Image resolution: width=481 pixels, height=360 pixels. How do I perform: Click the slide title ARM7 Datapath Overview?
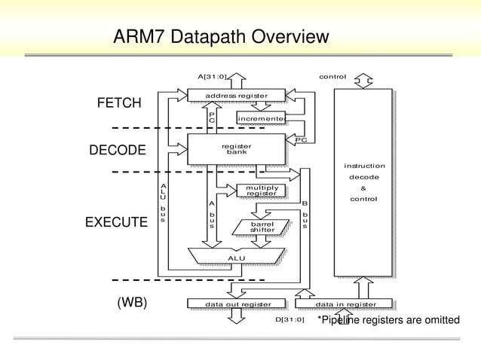point(221,37)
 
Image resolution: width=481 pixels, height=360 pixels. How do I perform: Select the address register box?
point(237,95)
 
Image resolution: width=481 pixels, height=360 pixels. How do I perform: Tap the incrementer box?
point(260,119)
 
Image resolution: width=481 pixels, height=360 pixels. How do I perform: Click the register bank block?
point(237,148)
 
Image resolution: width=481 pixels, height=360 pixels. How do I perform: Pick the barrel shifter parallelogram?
point(262,227)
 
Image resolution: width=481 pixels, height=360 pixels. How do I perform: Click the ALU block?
point(237,258)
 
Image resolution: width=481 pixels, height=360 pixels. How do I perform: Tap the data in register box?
point(345,304)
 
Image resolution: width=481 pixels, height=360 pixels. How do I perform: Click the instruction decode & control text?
point(364,182)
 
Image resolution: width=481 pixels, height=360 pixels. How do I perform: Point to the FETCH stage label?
point(118,103)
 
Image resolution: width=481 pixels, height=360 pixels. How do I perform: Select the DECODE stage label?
point(118,151)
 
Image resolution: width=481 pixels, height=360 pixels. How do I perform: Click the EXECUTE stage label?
point(116,222)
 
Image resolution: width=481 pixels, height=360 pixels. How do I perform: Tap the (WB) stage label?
point(131,303)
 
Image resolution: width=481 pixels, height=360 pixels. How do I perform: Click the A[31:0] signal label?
point(211,77)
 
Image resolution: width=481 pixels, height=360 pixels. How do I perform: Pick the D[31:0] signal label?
point(290,319)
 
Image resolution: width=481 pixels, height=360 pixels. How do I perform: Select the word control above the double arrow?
point(332,77)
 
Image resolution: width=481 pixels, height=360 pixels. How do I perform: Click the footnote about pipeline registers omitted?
point(388,320)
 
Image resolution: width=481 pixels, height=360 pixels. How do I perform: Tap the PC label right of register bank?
point(300,139)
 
